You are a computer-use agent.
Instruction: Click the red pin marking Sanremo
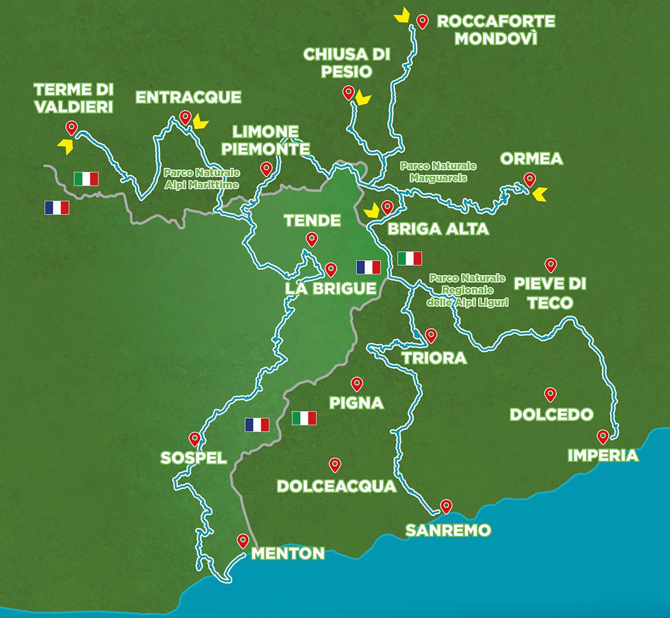[x=446, y=506]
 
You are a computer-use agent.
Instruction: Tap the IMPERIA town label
[x=603, y=455]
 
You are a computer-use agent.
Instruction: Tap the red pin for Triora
[x=431, y=335]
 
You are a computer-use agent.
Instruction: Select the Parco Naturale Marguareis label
[x=439, y=171]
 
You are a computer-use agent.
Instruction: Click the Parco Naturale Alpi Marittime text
[x=202, y=179]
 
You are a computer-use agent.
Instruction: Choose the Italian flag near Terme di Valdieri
[x=86, y=178]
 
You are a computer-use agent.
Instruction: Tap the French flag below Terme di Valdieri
[x=57, y=208]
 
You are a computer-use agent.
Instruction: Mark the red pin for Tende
[x=312, y=239]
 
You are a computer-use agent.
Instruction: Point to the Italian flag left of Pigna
[x=304, y=418]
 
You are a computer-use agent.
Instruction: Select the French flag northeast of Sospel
[x=257, y=424]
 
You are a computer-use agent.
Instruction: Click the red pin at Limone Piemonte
[x=266, y=168]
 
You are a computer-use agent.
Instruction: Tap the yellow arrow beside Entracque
[x=201, y=121]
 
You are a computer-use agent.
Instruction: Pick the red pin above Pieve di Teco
[x=550, y=265]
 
